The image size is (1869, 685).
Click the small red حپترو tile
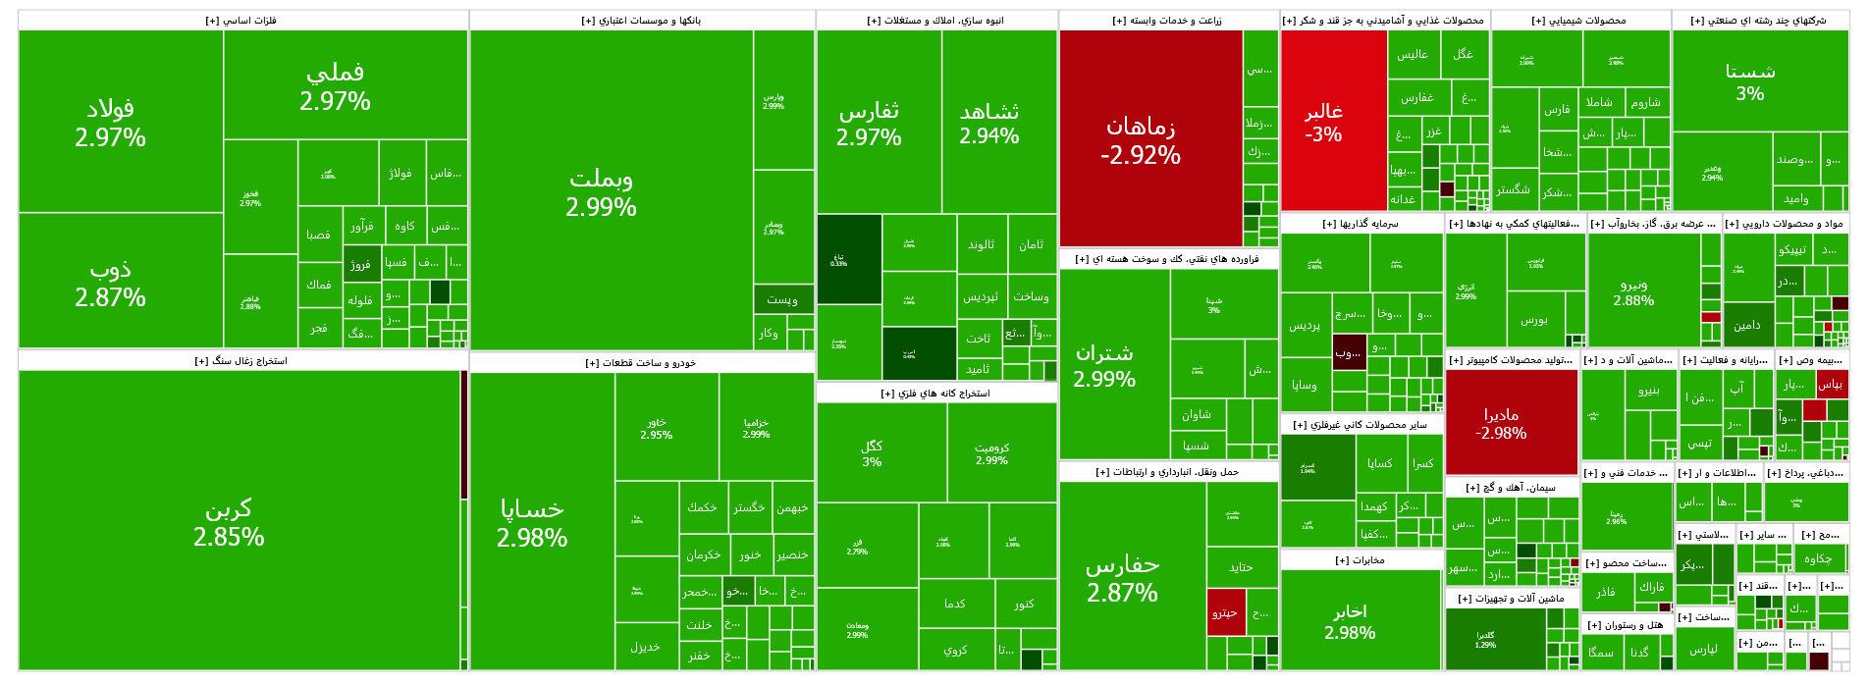pyautogui.click(x=1226, y=612)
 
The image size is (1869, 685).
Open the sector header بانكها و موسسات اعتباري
pyautogui.click(x=641, y=21)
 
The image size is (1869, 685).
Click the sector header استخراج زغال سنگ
pyautogui.click(x=240, y=361)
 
